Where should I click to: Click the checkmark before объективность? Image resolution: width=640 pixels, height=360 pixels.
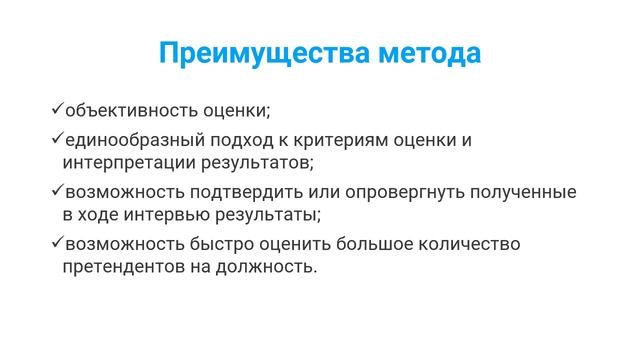58,107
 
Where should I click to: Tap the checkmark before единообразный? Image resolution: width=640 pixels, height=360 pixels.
58,138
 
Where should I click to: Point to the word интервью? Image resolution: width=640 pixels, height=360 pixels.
159,213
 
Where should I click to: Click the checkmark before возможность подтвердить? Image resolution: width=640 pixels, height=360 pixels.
58,190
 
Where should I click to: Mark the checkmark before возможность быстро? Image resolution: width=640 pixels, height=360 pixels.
58,242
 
